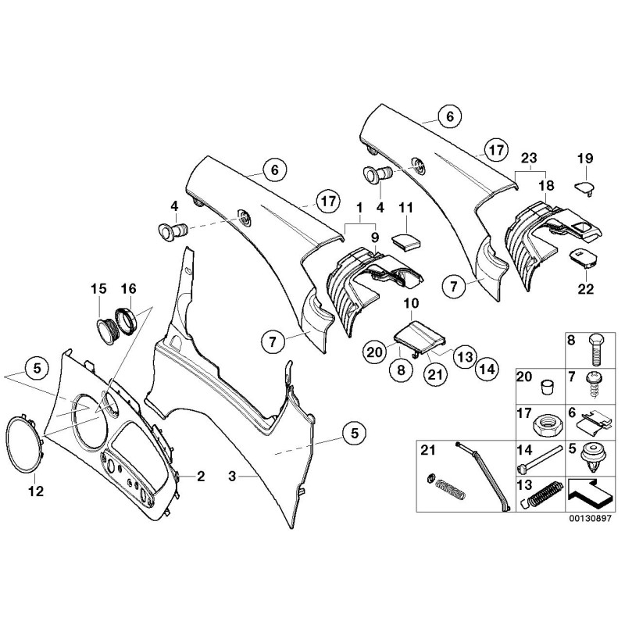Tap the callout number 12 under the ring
pyautogui.click(x=36, y=491)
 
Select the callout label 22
pyautogui.click(x=586, y=289)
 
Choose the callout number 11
pyautogui.click(x=405, y=208)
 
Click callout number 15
pyautogui.click(x=98, y=289)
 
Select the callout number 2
pyautogui.click(x=201, y=475)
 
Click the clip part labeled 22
pyautogui.click(x=583, y=257)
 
